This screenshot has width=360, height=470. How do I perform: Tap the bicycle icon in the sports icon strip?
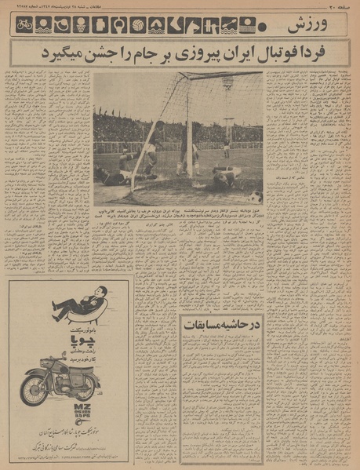24,25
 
